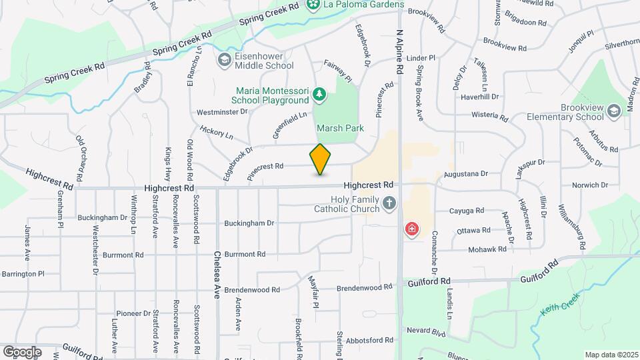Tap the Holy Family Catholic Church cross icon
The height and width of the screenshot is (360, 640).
coord(389,203)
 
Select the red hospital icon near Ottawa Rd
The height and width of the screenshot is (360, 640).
coord(412,230)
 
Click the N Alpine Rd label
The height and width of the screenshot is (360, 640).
coord(399,51)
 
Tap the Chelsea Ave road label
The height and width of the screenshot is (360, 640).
coord(217,274)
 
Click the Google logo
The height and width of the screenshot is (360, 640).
coord(22,351)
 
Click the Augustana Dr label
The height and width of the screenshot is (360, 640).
coord(466,174)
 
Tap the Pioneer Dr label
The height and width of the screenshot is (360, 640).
coord(133,313)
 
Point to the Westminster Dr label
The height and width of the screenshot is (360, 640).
coord(222,112)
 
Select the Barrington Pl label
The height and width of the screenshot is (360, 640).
coord(23,274)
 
